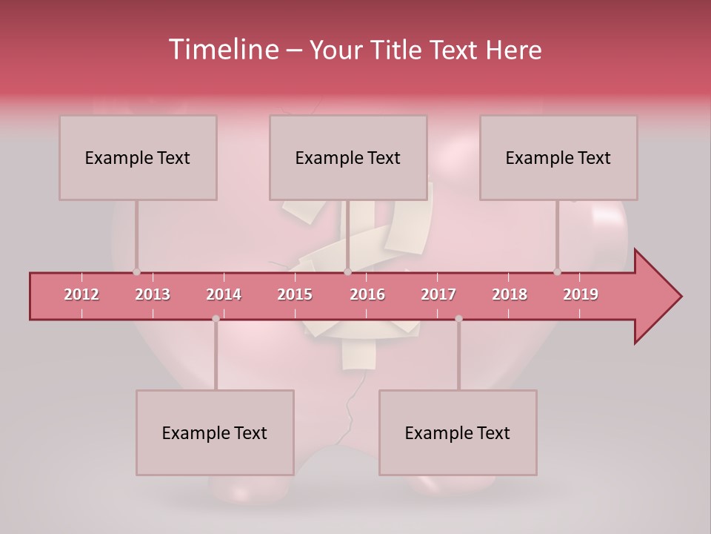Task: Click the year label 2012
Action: tap(81, 294)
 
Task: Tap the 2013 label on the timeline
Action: tap(153, 294)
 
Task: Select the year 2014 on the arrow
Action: tap(224, 294)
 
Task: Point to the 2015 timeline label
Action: tap(295, 294)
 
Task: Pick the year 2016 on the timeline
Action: tap(367, 294)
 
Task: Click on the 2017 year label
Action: tap(438, 294)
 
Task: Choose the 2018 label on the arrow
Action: tap(510, 294)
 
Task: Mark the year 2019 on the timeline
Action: tap(581, 294)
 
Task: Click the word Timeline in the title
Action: tap(222, 50)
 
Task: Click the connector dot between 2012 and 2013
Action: tap(136, 272)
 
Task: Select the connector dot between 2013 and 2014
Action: tap(216, 319)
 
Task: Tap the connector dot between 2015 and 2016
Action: tap(347, 272)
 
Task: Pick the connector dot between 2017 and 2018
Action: tap(458, 319)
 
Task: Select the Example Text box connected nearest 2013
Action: tap(138, 158)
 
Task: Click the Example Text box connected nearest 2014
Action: tap(215, 432)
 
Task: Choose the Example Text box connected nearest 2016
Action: tap(348, 158)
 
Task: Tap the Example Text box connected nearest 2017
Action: tap(458, 432)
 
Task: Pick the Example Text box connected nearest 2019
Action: tap(558, 158)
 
